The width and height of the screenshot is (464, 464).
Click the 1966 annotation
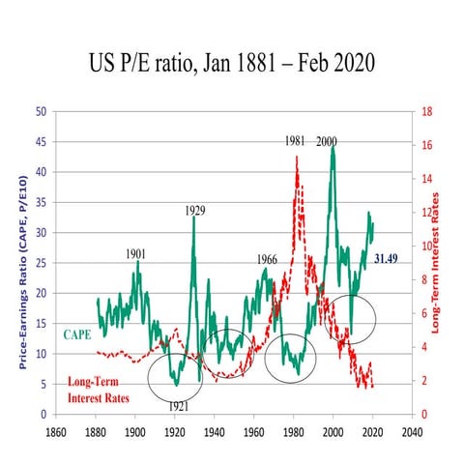pyautogui.click(x=268, y=259)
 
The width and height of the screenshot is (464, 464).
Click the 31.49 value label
pyautogui.click(x=388, y=258)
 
